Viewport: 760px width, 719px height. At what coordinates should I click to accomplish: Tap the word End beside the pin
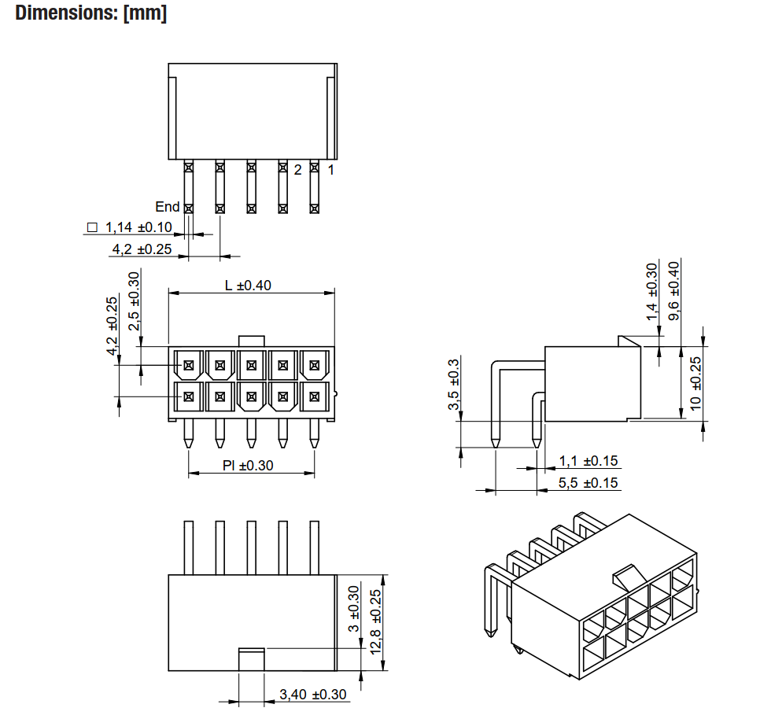point(167,207)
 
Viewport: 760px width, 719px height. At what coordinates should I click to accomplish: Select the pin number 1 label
point(331,169)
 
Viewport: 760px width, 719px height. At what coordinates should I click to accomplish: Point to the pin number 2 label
point(298,169)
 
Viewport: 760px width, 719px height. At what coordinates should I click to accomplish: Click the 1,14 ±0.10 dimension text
point(138,228)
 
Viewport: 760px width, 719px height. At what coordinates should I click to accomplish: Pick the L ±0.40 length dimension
point(248,285)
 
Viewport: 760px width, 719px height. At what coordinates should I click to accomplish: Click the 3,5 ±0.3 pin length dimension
point(453,385)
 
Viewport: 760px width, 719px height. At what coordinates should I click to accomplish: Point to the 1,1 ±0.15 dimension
point(588,461)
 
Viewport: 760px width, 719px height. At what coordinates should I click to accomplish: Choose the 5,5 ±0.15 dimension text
point(588,483)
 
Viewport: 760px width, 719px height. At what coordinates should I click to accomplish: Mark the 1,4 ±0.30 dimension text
point(651,292)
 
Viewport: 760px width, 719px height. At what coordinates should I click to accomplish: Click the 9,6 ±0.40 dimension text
point(674,290)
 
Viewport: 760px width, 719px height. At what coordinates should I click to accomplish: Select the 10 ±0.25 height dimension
point(695,383)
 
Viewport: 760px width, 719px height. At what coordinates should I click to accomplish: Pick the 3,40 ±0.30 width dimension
point(313,695)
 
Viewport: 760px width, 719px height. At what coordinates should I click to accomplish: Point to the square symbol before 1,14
point(92,228)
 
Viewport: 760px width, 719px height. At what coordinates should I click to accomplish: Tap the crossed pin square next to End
point(188,208)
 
